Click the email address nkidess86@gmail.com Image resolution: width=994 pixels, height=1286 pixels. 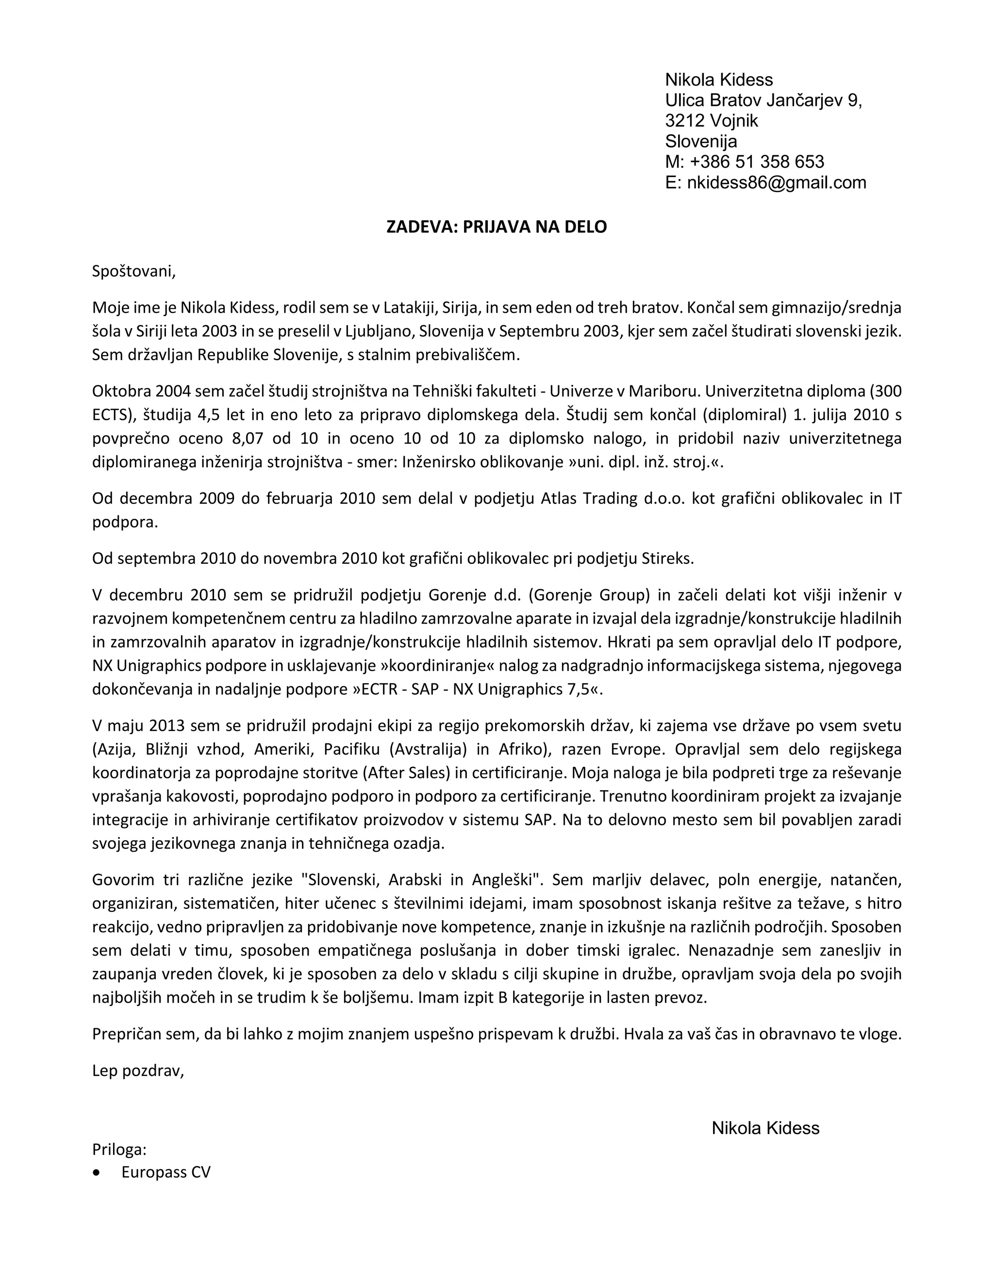click(x=776, y=183)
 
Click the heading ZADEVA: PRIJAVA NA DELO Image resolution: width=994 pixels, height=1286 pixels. click(x=497, y=227)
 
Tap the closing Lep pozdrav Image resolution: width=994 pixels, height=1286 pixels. click(x=138, y=1071)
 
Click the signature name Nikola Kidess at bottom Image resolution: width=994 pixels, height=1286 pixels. click(x=765, y=1128)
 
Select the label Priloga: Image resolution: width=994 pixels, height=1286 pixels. click(x=119, y=1149)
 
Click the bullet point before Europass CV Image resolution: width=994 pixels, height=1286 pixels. click(x=97, y=1172)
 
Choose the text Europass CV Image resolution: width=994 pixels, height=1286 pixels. click(x=166, y=1172)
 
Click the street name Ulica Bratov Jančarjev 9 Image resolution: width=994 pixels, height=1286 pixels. click(x=763, y=100)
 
